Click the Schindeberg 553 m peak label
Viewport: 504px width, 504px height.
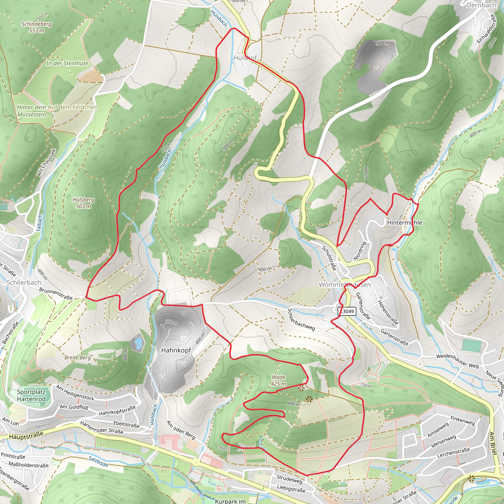36,27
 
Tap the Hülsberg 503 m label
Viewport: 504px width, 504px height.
83,203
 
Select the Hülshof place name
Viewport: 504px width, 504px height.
245,58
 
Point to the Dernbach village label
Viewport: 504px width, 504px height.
481,5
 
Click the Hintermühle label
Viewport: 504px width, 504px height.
404,222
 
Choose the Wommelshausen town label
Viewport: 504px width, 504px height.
344,285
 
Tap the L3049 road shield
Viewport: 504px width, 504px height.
347,311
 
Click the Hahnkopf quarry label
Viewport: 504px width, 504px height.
176,350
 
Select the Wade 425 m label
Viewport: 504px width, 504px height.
278,380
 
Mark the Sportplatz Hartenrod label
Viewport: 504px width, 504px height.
31,395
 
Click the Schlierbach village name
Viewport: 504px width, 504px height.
24,283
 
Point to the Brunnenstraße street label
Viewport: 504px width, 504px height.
56,294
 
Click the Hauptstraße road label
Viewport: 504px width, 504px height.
26,435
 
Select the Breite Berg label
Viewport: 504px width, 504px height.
78,357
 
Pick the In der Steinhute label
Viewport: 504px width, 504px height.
67,63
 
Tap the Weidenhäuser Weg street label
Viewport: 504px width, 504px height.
457,361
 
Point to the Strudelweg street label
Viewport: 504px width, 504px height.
289,479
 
